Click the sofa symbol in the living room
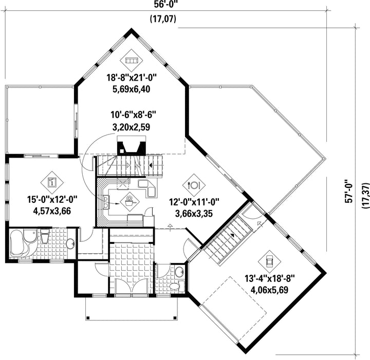(131, 61)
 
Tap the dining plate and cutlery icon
(194, 185)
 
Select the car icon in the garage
(269, 261)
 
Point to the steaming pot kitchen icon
(129, 202)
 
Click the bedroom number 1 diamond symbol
(52, 182)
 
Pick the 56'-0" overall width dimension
(165, 4)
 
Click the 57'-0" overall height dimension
(349, 192)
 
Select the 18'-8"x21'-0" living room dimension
(132, 78)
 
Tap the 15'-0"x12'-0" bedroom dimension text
(52, 199)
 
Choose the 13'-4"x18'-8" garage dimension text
(269, 278)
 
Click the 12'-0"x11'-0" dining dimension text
(194, 202)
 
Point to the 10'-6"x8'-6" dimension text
(134, 115)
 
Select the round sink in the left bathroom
(70, 244)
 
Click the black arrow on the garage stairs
(232, 235)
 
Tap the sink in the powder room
(179, 272)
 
